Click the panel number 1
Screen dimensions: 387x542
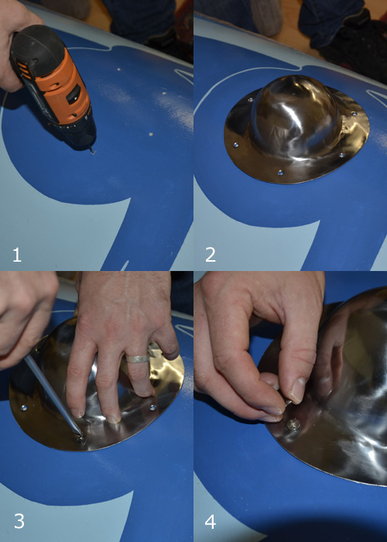click(x=16, y=255)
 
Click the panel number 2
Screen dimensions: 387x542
click(x=211, y=255)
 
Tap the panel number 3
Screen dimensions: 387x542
click(x=19, y=521)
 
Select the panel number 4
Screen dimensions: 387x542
click(x=211, y=521)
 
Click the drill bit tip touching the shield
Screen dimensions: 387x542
click(x=92, y=151)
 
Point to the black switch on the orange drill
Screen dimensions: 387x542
click(x=74, y=94)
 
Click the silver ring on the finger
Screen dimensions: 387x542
click(x=138, y=358)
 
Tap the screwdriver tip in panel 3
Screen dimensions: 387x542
click(x=80, y=436)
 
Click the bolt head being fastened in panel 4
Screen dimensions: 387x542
click(x=293, y=424)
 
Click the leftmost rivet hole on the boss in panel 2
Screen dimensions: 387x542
click(x=235, y=145)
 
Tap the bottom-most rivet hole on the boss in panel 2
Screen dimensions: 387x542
click(x=280, y=172)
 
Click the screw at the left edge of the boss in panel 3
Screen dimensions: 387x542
click(x=24, y=408)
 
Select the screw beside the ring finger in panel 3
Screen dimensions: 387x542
click(x=152, y=407)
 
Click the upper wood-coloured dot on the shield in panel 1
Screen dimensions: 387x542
click(x=119, y=70)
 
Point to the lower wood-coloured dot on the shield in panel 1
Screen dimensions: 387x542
click(x=150, y=133)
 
